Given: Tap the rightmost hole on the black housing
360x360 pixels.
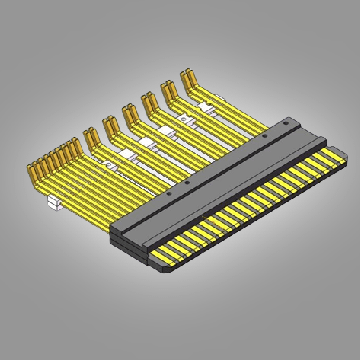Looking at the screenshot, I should click(x=285, y=123).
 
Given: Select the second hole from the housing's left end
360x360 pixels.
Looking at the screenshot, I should click(x=187, y=182).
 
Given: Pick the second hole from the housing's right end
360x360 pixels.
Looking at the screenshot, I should click(x=265, y=136).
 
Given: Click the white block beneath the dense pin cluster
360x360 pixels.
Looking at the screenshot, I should click(x=55, y=203).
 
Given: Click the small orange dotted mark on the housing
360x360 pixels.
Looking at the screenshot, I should click(x=204, y=217).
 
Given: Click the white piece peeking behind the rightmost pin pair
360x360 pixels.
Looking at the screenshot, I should click(x=220, y=97).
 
